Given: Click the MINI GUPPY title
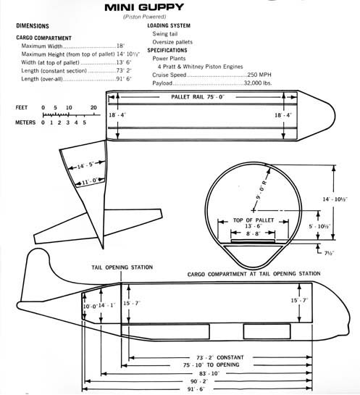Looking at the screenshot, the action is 144,7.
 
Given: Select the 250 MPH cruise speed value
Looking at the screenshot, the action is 259,75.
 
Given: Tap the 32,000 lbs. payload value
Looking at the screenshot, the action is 258,83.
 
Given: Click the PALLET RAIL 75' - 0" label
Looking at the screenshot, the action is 198,97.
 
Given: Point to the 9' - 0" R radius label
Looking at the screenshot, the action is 261,190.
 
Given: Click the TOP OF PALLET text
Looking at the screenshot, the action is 254,220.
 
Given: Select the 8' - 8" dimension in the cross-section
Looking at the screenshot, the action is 253,233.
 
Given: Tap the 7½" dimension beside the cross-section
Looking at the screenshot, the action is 329,253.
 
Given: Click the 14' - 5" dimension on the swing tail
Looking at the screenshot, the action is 85,166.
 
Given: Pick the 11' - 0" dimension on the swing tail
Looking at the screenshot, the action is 89,181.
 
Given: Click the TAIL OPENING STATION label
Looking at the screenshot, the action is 122,267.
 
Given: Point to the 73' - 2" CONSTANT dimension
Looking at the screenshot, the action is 219,357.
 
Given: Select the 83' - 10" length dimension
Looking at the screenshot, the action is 209,373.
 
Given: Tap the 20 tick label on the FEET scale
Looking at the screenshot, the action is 93,107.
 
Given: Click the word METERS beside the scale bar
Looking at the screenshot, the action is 25,122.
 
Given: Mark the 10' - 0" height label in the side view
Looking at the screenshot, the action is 90,307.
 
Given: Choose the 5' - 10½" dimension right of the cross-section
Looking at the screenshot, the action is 319,226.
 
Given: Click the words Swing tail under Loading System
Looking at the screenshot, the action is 165,34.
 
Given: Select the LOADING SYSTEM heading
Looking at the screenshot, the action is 169,25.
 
